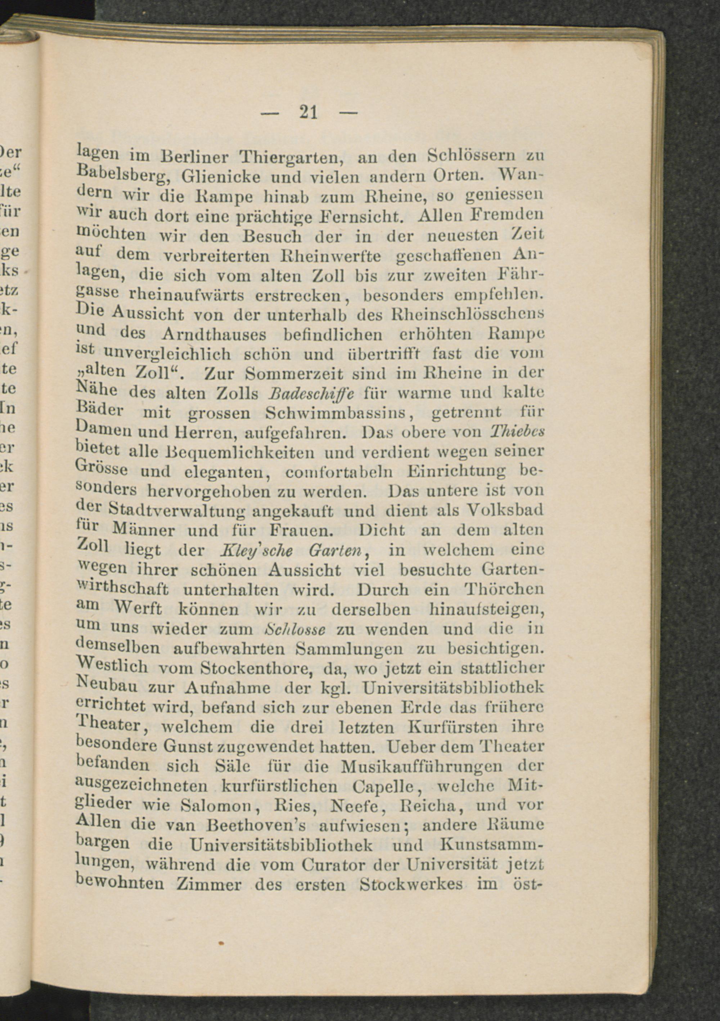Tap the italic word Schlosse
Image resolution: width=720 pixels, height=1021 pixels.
295,629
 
